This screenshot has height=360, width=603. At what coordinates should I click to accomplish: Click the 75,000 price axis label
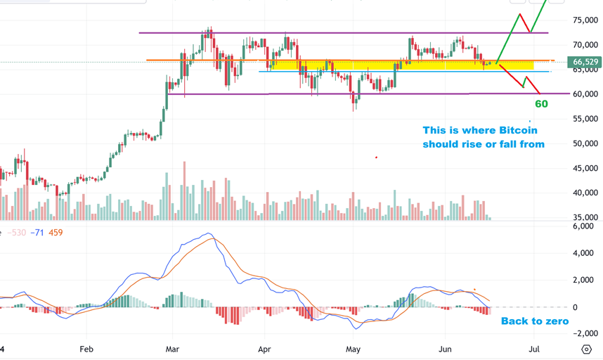[x=585, y=20]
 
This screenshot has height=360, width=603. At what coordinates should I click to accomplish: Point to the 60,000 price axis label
[x=585, y=94]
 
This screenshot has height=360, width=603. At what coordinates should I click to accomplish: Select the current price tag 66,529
[x=585, y=62]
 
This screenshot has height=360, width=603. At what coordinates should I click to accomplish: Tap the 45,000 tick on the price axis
[x=585, y=168]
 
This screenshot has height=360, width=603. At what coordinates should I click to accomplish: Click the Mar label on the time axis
[x=172, y=349]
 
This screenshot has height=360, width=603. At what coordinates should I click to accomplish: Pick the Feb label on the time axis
[x=86, y=349]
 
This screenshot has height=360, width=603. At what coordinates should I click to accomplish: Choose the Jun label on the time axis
[x=445, y=349]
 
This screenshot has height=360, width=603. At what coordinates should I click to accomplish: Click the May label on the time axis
[x=354, y=349]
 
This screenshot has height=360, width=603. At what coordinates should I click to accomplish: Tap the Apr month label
[x=264, y=349]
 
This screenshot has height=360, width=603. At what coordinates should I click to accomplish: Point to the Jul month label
[x=534, y=349]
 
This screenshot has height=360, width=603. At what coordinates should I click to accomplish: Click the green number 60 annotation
[x=541, y=104]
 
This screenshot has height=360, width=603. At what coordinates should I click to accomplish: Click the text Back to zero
[x=534, y=321]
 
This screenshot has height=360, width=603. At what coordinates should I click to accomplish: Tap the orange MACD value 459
[x=55, y=232]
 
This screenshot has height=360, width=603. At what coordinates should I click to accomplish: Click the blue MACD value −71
[x=37, y=232]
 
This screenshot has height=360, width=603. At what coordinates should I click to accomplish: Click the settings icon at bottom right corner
[x=587, y=349]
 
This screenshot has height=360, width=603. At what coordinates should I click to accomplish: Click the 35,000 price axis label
[x=585, y=217]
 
